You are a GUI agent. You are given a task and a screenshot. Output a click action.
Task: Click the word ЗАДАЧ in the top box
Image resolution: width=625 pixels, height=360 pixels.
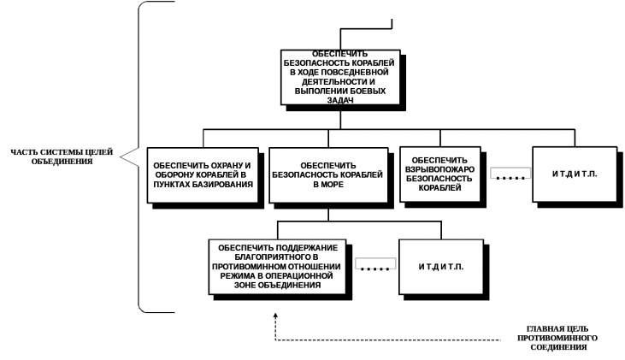point(340,99)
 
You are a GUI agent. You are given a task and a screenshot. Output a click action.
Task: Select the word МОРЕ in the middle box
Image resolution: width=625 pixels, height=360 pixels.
point(331,184)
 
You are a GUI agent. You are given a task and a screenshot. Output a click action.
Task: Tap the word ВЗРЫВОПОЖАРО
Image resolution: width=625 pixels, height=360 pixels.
point(440,169)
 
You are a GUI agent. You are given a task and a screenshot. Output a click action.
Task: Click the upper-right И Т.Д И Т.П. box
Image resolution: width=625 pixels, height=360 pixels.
point(575,174)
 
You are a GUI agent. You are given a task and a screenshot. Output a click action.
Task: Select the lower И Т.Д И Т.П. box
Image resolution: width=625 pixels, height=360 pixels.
point(441,267)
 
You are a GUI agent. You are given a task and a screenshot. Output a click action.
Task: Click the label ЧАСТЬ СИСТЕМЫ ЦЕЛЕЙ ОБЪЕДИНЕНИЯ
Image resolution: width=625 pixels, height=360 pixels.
point(61,156)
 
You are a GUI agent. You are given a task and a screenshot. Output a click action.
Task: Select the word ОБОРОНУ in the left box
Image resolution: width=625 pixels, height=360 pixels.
point(174,174)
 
